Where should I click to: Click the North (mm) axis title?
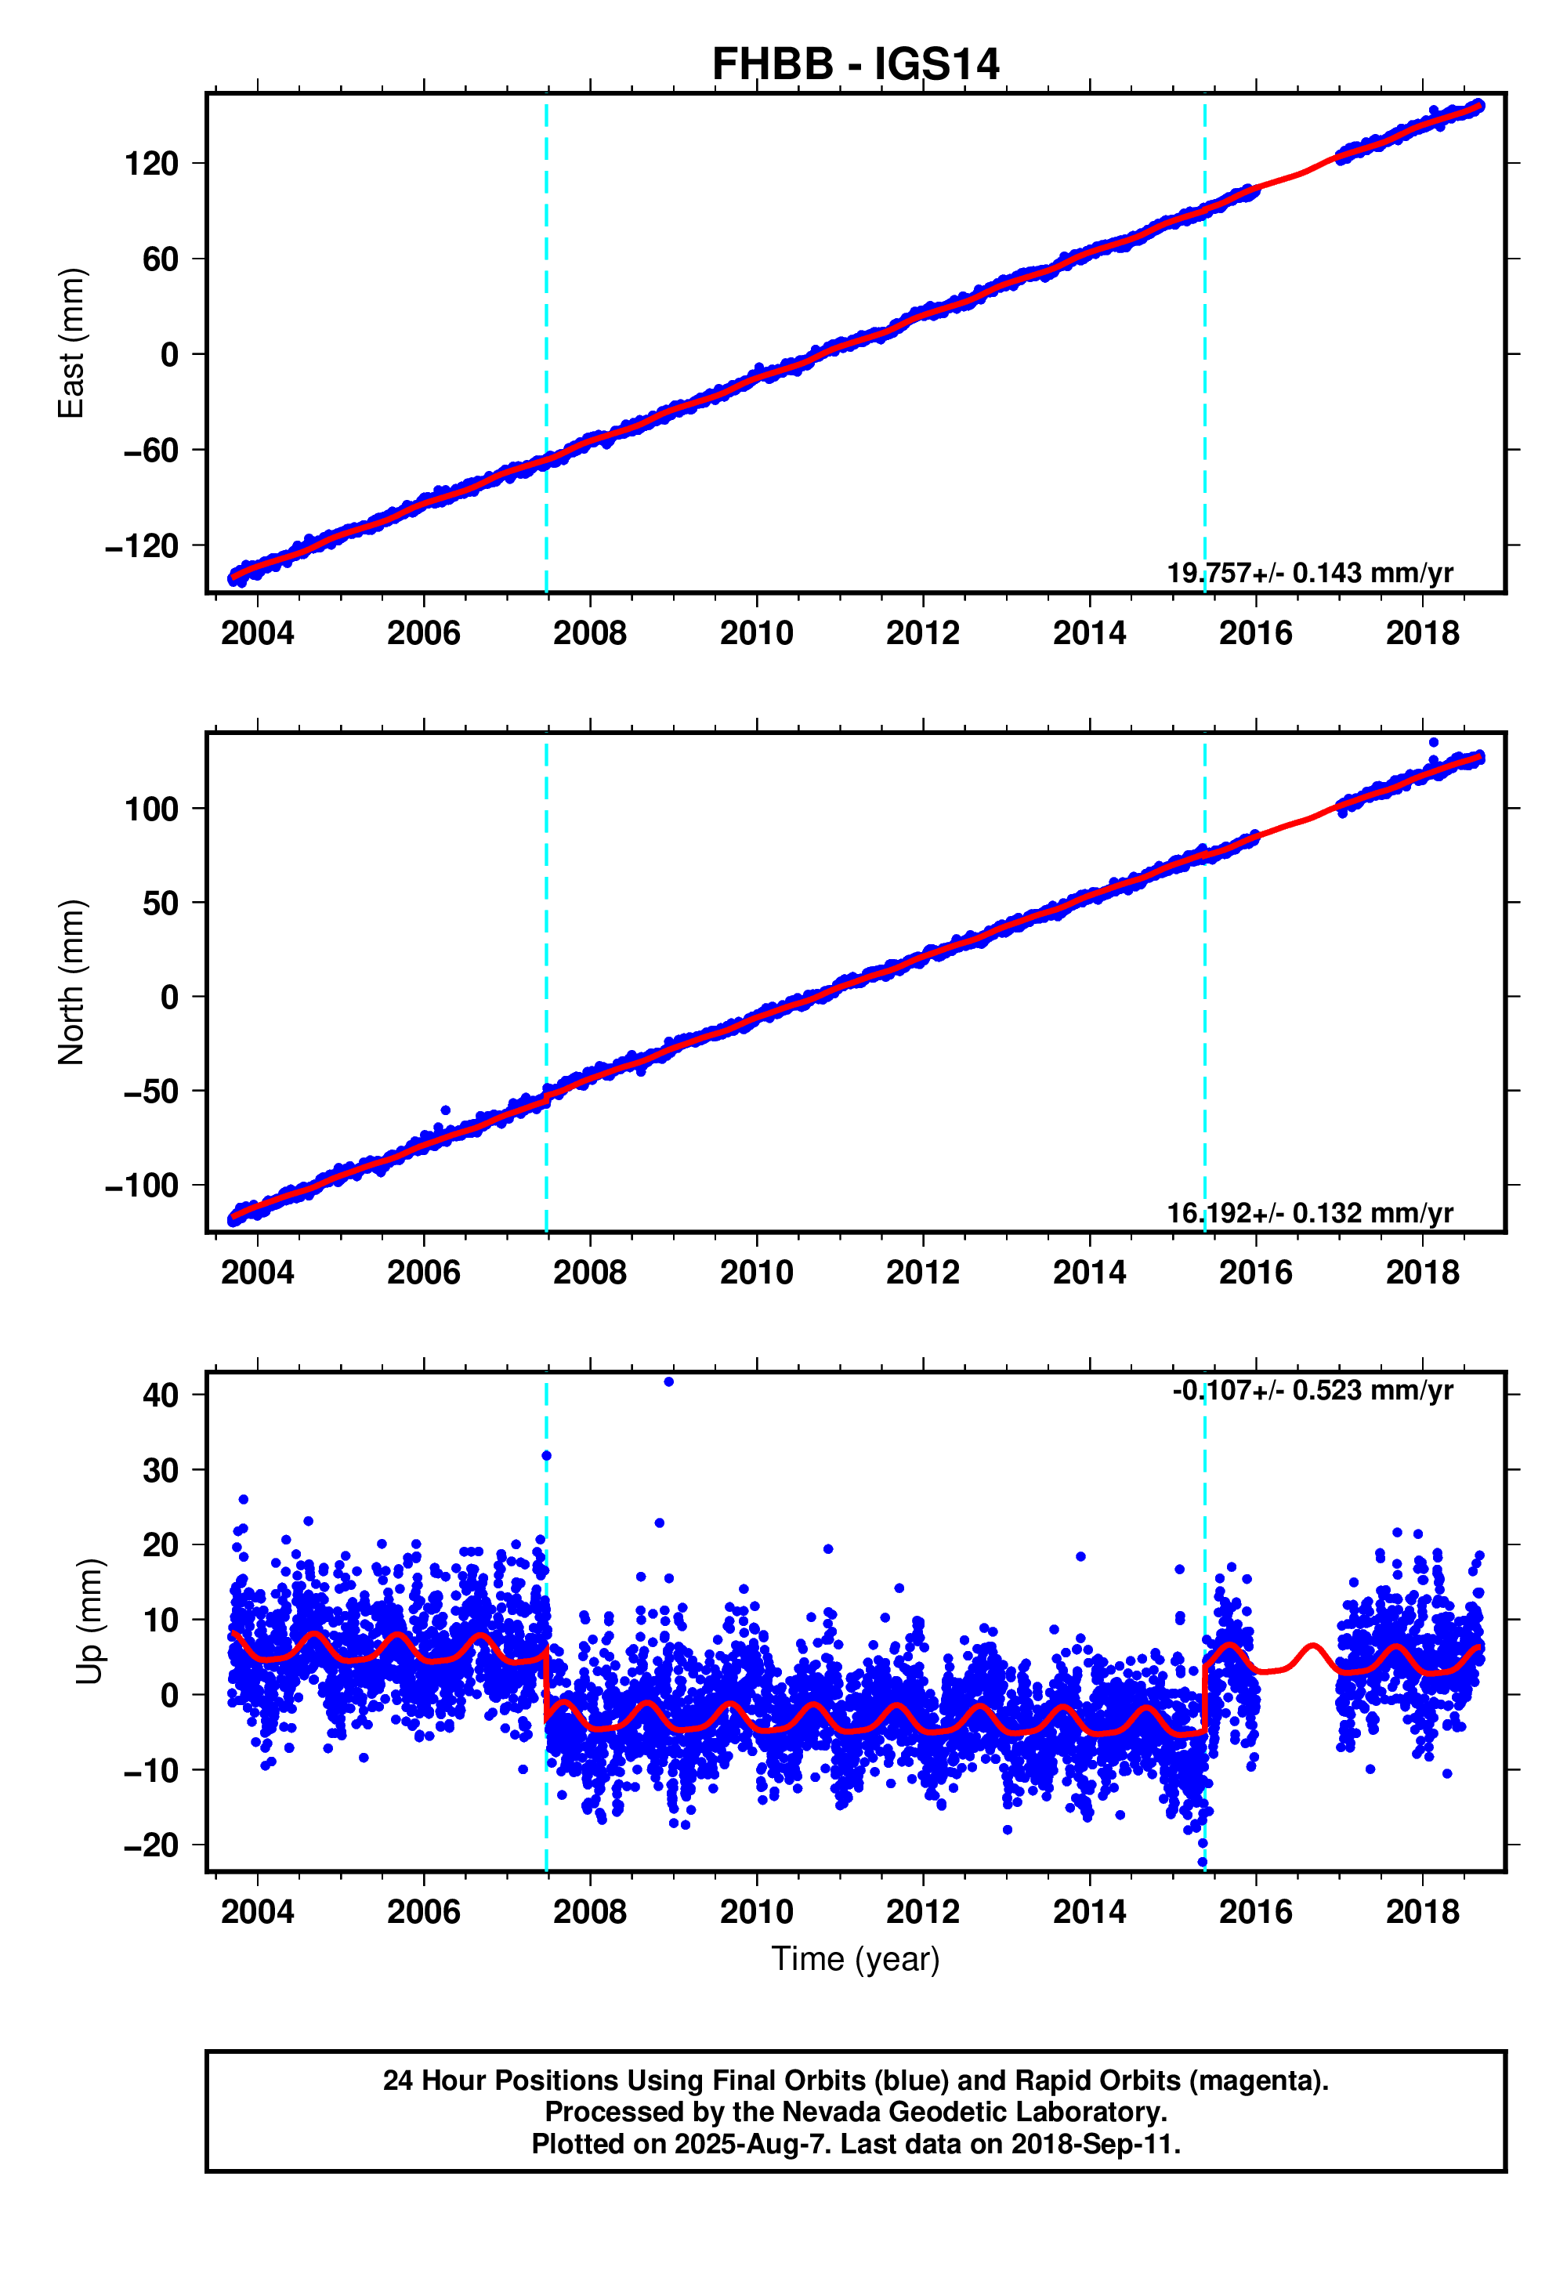(71, 982)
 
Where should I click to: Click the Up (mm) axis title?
(89, 1621)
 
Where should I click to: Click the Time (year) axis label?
(854, 1959)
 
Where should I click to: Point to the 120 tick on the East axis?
(151, 164)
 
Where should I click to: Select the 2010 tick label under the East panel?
(756, 633)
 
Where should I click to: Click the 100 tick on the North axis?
(151, 809)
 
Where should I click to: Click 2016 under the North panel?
(1255, 1273)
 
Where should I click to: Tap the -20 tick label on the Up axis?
(151, 1845)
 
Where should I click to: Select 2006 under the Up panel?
(423, 1912)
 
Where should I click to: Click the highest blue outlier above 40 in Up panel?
(668, 1381)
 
